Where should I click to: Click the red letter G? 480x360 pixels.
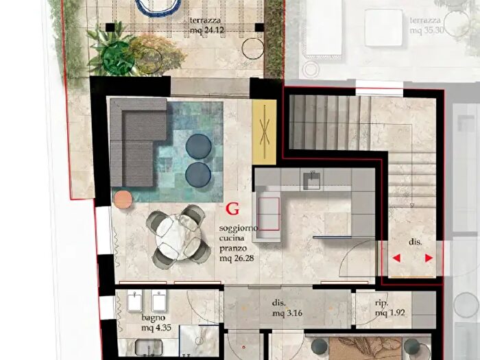click(x=232, y=209)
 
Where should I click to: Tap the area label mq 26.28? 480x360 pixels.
click(x=237, y=259)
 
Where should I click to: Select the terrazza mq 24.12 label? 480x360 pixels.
click(x=206, y=25)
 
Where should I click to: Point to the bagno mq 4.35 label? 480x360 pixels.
click(x=156, y=323)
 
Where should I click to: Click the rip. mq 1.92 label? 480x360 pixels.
click(x=389, y=308)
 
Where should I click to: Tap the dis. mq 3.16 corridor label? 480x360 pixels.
click(x=287, y=309)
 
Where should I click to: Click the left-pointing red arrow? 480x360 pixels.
click(x=397, y=258)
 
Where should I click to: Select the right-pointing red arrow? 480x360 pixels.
click(x=429, y=258)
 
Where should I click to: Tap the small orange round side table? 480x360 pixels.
click(x=123, y=200)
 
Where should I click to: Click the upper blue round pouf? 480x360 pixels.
click(x=198, y=146)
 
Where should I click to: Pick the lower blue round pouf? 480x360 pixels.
click(x=198, y=175)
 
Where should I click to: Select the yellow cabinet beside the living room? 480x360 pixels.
click(x=264, y=132)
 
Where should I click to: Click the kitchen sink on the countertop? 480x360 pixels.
click(x=311, y=181)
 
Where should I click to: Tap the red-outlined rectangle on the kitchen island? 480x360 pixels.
click(x=269, y=214)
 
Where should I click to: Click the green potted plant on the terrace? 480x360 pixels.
click(x=118, y=58)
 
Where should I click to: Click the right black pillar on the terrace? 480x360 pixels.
click(x=259, y=27)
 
